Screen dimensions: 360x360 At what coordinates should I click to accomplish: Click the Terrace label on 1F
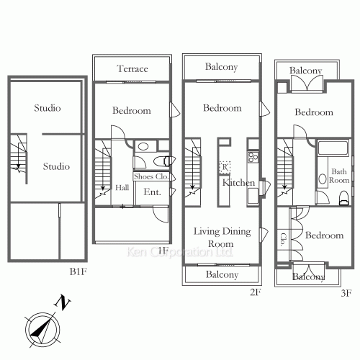pos(132,68)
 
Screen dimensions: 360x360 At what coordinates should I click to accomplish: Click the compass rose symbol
pos(42,330)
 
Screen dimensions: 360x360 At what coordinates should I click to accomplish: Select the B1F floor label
pos(78,271)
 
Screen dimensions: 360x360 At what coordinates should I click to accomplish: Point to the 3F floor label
pos(346,293)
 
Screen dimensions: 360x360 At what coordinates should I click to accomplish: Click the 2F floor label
pos(255,292)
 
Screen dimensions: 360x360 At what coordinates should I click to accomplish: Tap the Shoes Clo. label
pos(151,176)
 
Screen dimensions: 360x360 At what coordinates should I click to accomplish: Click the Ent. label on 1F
pos(152,192)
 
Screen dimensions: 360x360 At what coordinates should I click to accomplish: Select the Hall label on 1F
pos(122,187)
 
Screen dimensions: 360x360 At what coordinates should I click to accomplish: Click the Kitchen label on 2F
pos(238,183)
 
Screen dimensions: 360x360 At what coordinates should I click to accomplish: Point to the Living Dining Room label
pos(222,238)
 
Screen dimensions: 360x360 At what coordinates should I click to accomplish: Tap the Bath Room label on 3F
pos(339,176)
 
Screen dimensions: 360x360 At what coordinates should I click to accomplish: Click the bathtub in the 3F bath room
pos(333,148)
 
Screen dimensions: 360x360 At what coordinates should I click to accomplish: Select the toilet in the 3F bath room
pos(344,198)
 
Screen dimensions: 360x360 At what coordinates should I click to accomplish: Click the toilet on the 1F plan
pos(163,161)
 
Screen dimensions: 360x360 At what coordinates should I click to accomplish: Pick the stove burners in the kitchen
pos(253,157)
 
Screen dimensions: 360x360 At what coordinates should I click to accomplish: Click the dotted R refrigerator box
pos(225,167)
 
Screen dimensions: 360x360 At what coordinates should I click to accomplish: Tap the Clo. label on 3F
pos(283,240)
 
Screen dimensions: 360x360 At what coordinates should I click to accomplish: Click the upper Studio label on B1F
pos(48,108)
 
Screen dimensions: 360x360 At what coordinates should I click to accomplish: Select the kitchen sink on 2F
pos(253,196)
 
